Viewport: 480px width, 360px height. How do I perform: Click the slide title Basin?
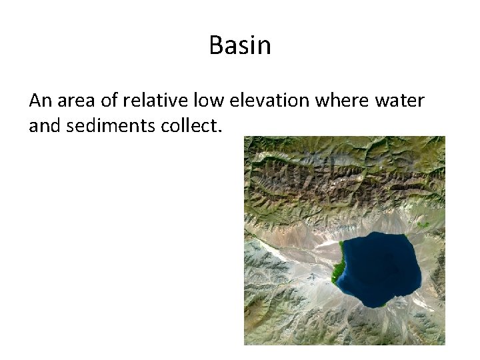point(240,46)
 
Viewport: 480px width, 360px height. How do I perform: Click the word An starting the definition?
point(40,101)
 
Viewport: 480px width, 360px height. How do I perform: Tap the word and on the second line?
point(44,125)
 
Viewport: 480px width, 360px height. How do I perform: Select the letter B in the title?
point(216,46)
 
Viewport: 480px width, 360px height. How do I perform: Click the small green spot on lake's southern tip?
point(383,305)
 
